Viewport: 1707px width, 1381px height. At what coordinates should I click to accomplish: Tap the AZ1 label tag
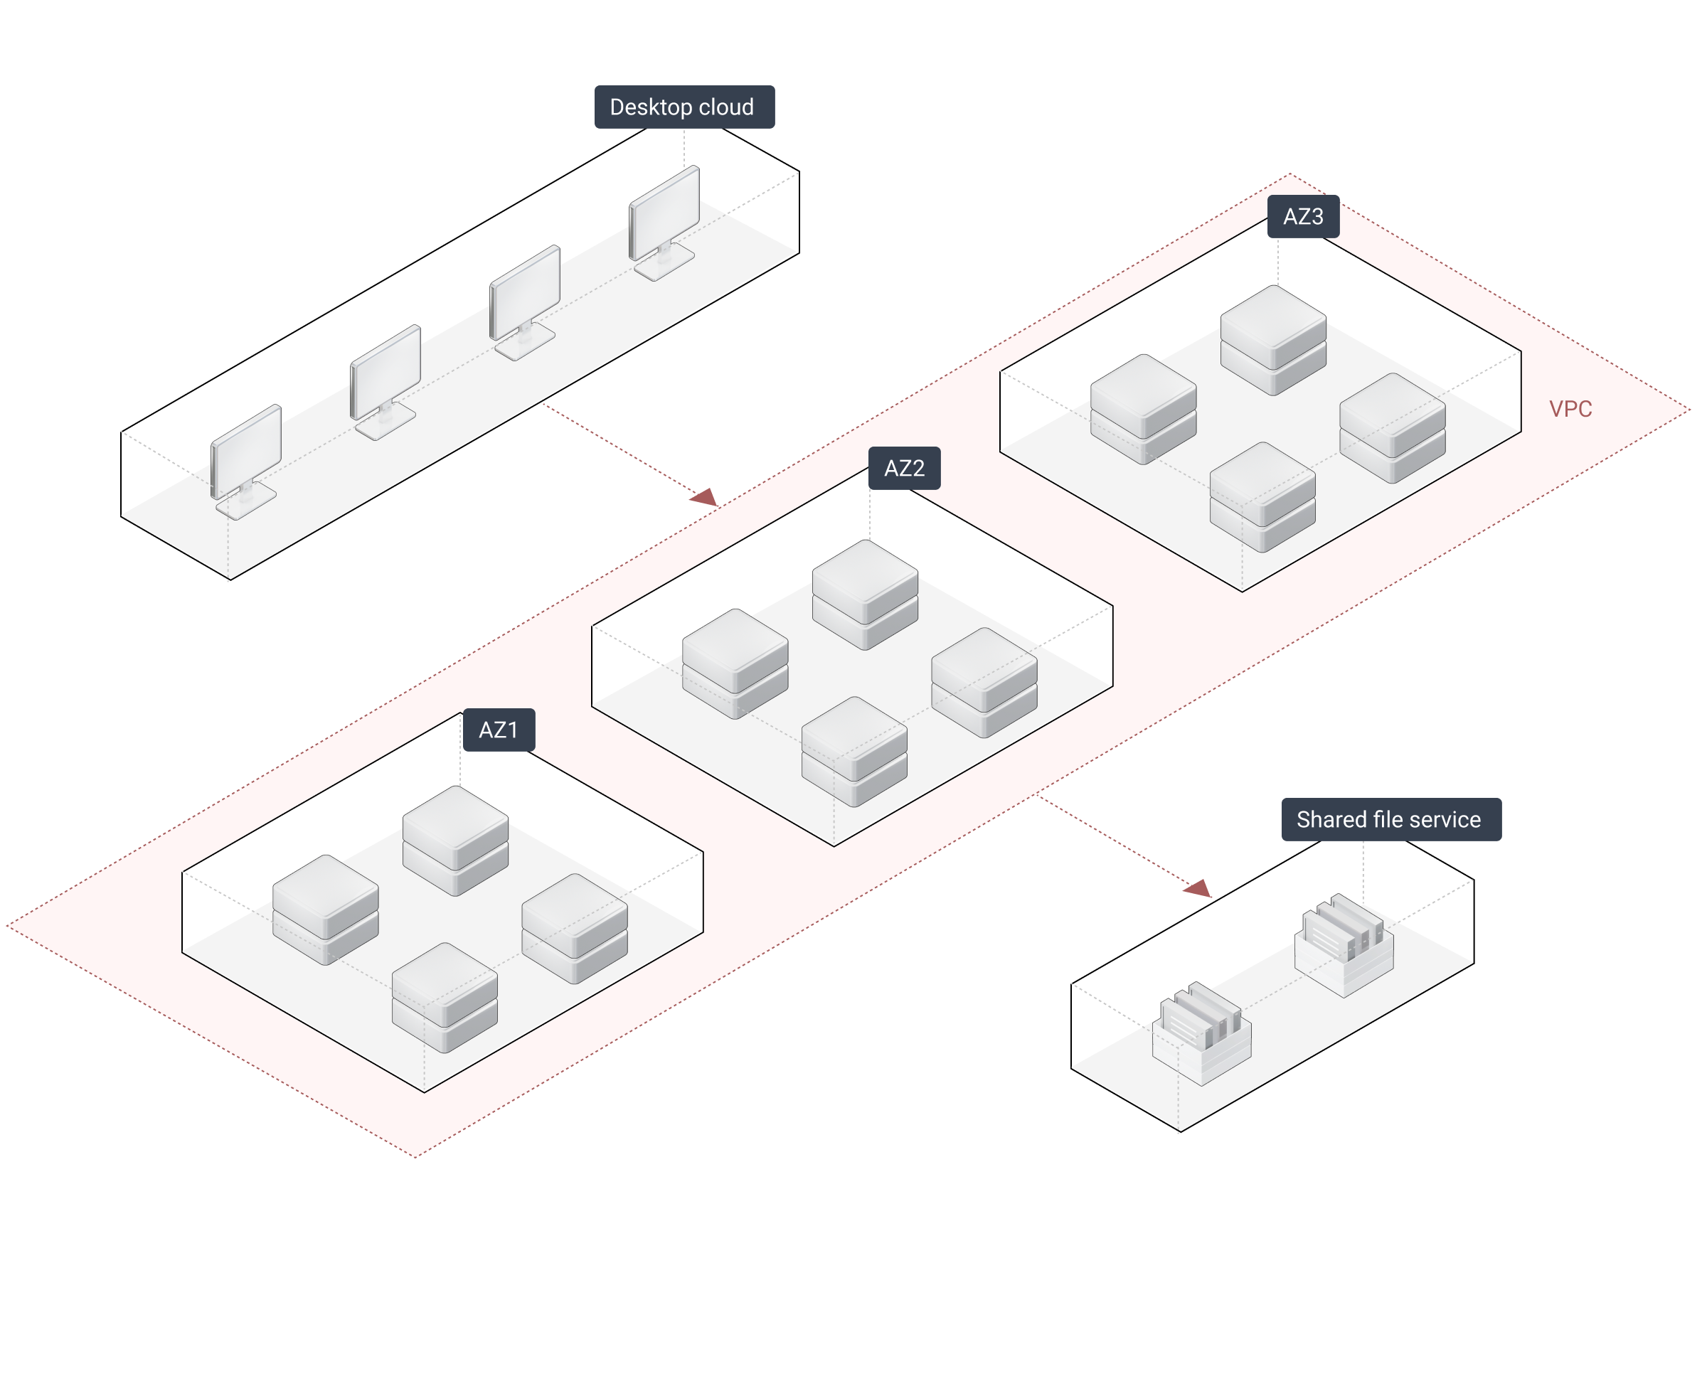pyautogui.click(x=499, y=730)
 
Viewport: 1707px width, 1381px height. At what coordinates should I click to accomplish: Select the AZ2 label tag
pyautogui.click(x=905, y=469)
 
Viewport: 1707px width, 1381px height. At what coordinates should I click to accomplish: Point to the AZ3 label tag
pyautogui.click(x=1303, y=216)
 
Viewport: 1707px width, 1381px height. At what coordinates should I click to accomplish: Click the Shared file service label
pyautogui.click(x=1390, y=819)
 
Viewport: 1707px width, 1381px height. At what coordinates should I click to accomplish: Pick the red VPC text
pyautogui.click(x=1570, y=409)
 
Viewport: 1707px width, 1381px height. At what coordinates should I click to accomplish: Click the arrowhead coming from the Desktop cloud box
pyautogui.click(x=706, y=498)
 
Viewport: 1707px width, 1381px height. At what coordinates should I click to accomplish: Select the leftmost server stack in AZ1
pyautogui.click(x=325, y=910)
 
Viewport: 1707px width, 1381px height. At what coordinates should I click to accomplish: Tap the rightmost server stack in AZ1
pyautogui.click(x=574, y=928)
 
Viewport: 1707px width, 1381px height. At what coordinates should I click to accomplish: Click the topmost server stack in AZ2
pyautogui.click(x=865, y=594)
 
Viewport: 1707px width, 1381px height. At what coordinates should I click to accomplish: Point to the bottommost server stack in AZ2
pyautogui.click(x=854, y=751)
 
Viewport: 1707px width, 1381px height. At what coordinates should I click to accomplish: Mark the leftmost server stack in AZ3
pyautogui.click(x=1143, y=409)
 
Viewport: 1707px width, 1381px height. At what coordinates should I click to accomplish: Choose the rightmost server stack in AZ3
pyautogui.click(x=1392, y=428)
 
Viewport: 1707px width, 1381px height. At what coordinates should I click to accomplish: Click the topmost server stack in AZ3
pyautogui.click(x=1272, y=340)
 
